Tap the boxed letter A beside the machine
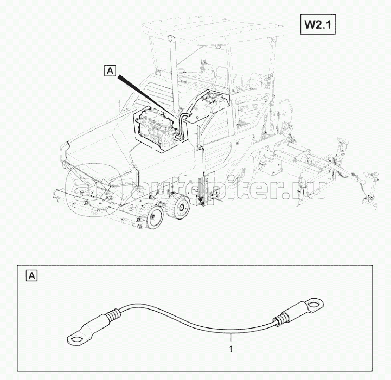[110, 70]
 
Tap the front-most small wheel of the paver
[156, 217]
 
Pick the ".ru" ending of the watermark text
[312, 190]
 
